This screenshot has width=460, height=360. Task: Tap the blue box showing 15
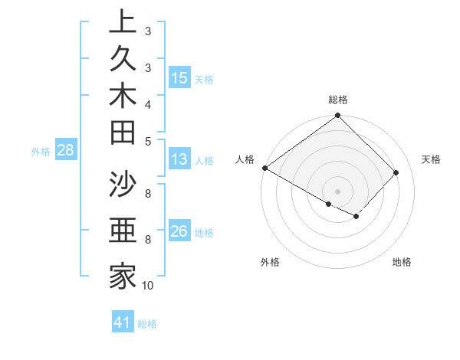pyautogui.click(x=179, y=78)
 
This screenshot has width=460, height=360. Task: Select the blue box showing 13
pyautogui.click(x=179, y=160)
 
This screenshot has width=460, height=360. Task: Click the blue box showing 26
pyautogui.click(x=179, y=232)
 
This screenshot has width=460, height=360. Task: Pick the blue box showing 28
pyautogui.click(x=65, y=151)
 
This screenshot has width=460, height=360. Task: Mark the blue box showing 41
pyautogui.click(x=123, y=323)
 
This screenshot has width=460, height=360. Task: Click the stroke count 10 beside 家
pyautogui.click(x=147, y=286)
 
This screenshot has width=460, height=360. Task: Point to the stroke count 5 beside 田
pyautogui.click(x=147, y=141)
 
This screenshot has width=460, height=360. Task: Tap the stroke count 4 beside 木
pyautogui.click(x=147, y=103)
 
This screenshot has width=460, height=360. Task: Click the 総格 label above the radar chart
pyautogui.click(x=338, y=100)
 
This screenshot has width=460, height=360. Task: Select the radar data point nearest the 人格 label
pyautogui.click(x=265, y=168)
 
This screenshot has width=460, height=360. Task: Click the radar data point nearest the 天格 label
pyautogui.click(x=396, y=173)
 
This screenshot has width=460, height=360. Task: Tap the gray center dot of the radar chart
pyautogui.click(x=337, y=191)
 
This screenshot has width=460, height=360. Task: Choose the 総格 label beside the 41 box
pyautogui.click(x=147, y=324)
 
